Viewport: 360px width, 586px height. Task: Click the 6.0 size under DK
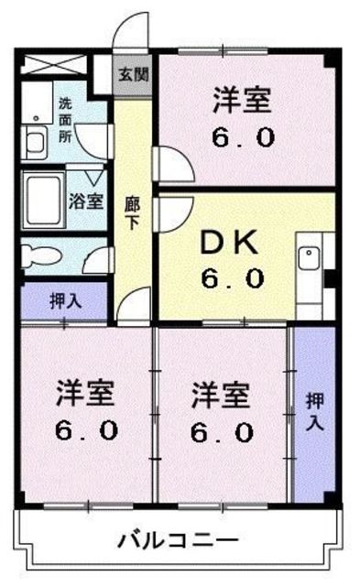point(233,277)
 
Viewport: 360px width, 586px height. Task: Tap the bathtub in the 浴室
point(44,196)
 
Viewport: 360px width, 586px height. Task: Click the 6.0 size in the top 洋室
point(245,137)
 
